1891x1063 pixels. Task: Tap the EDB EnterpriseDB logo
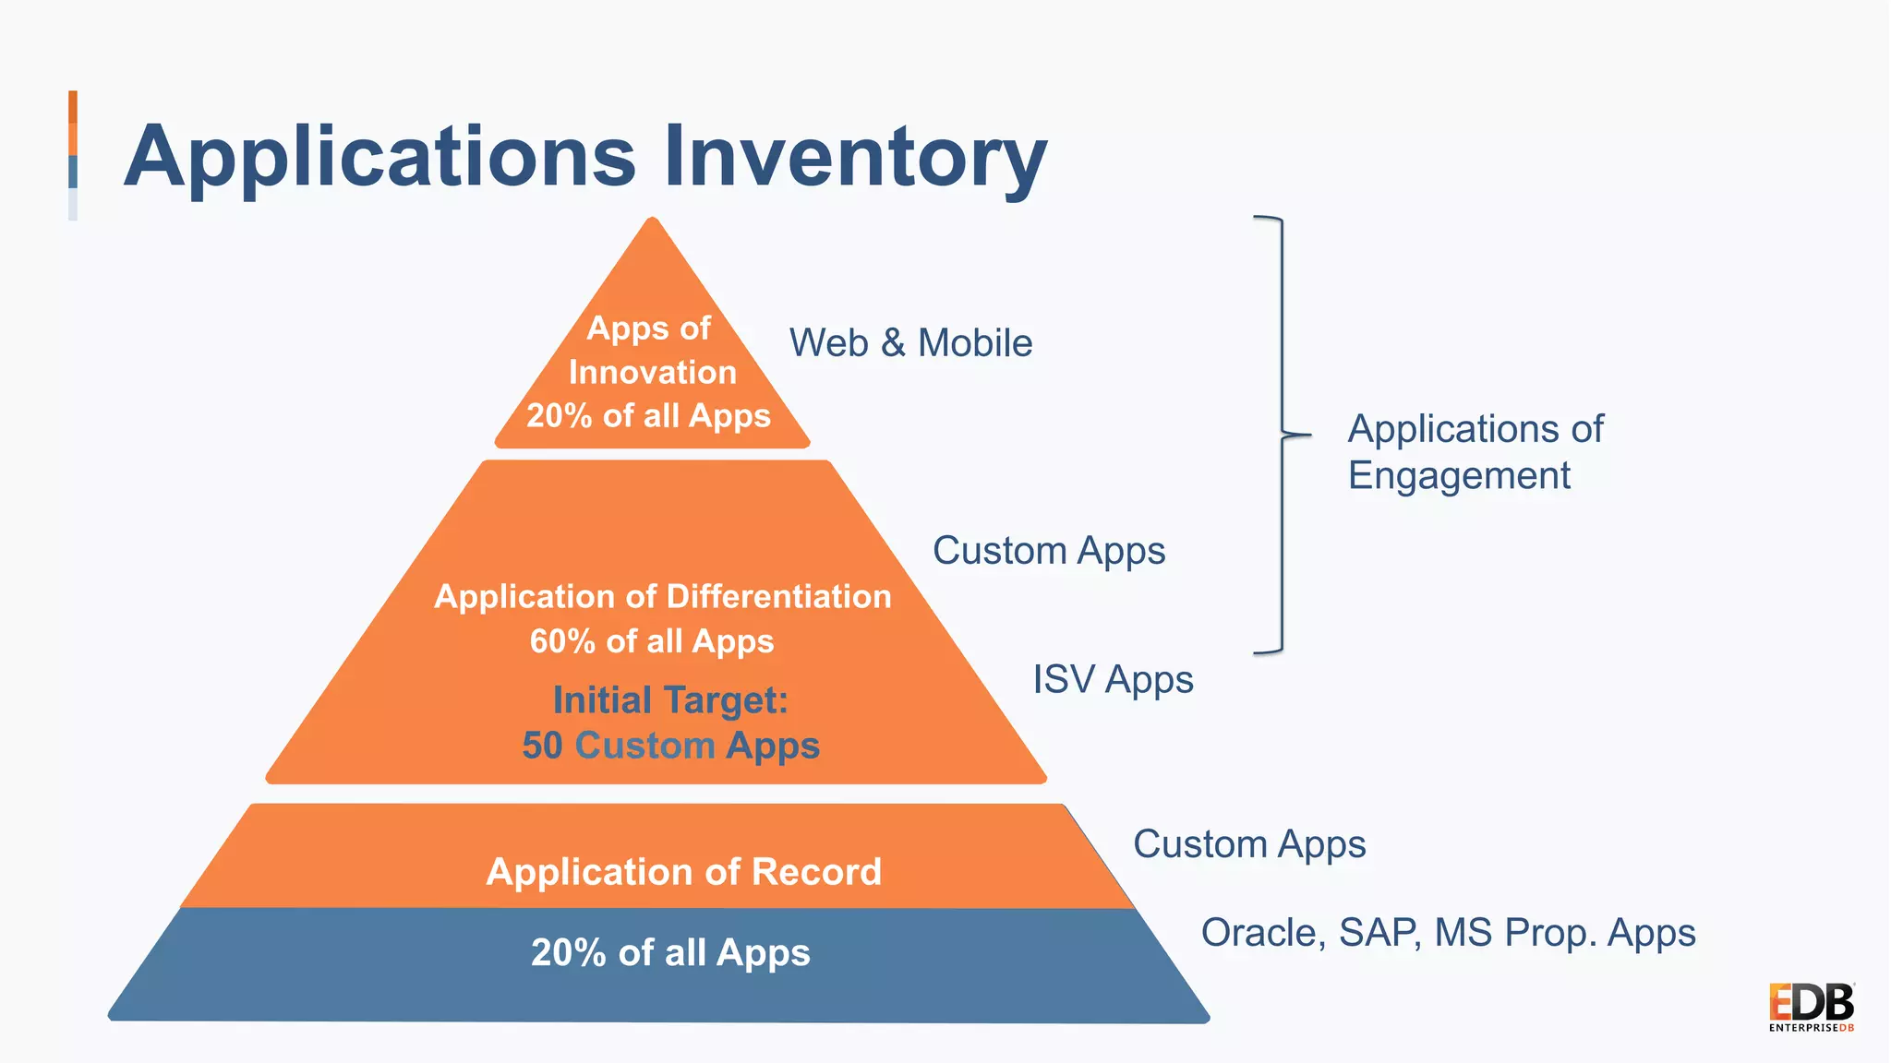tap(1811, 1007)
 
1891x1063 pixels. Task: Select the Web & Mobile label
tap(910, 343)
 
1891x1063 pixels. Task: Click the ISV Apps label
tap(1113, 680)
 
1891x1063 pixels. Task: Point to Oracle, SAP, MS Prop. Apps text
tap(1448, 933)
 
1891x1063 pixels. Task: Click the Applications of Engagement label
tap(1475, 452)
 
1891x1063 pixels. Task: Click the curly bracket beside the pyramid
tap(1281, 435)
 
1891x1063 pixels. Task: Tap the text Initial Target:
tap(670, 700)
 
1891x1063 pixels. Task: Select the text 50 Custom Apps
tap(670, 746)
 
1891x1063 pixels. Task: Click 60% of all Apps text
tap(652, 641)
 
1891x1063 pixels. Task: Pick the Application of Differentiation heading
tap(663, 597)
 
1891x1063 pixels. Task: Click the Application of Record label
tap(683, 872)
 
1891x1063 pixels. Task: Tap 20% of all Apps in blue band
tap(670, 953)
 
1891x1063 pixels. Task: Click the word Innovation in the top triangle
tap(653, 373)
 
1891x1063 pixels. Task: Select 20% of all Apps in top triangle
tap(648, 416)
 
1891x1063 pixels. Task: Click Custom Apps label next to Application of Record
tap(1249, 844)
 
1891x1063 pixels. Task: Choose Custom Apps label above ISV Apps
tap(1049, 551)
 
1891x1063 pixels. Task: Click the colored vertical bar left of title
tap(73, 155)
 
